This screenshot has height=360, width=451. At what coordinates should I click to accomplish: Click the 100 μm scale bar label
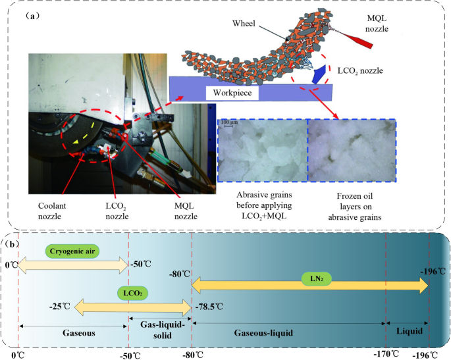click(x=228, y=122)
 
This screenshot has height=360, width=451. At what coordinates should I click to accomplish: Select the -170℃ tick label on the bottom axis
click(x=385, y=354)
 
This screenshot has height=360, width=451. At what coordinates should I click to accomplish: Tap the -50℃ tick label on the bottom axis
click(x=129, y=354)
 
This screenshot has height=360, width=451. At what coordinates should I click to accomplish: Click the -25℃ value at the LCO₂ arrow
click(x=61, y=307)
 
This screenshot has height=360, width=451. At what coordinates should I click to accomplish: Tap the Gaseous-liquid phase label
click(x=264, y=334)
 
